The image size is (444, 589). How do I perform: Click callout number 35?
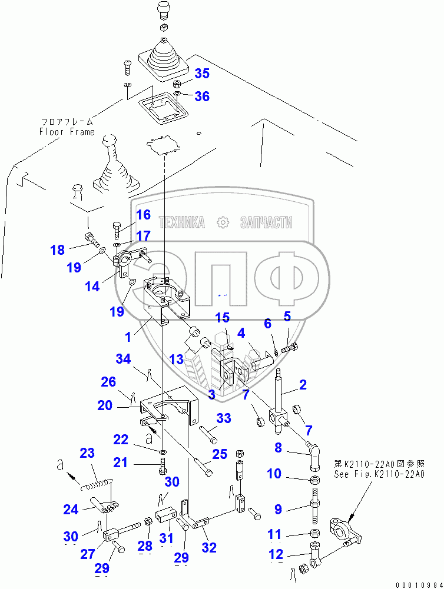point(201,74)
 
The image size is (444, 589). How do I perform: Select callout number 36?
point(201,96)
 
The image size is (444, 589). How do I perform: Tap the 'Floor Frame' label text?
point(67,132)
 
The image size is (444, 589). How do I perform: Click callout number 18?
point(57,249)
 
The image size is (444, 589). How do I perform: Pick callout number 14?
point(92,287)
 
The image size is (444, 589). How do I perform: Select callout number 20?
point(105,406)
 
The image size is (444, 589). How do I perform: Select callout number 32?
point(209,548)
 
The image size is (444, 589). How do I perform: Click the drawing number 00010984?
point(419,583)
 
